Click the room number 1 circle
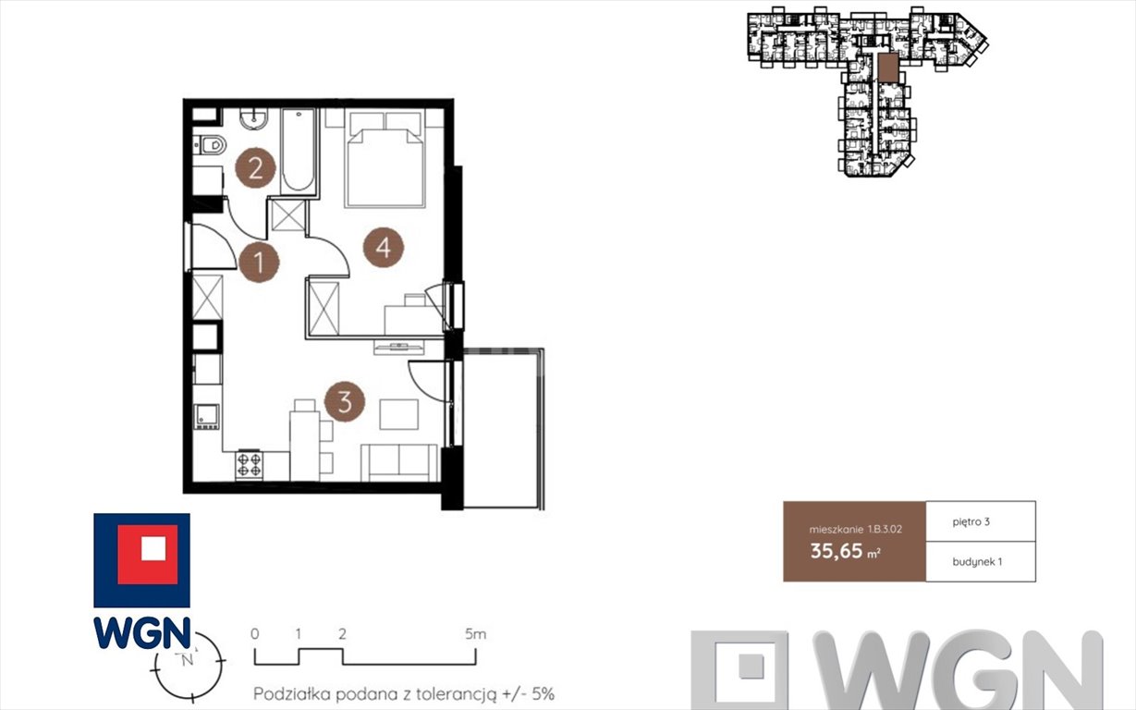pyautogui.click(x=259, y=263)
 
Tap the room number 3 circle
pyautogui.click(x=345, y=403)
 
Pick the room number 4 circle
pyautogui.click(x=384, y=248)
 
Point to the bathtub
pyautogui.click(x=298, y=150)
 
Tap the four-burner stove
pyautogui.click(x=249, y=463)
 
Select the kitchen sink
pyautogui.click(x=206, y=417)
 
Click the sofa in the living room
pyautogui.click(x=398, y=461)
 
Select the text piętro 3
pyautogui.click(x=971, y=522)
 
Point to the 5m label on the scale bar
pyautogui.click(x=475, y=634)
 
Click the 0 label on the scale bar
pyautogui.click(x=255, y=634)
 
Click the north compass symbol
pyautogui.click(x=189, y=661)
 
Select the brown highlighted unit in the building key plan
pyautogui.click(x=886, y=67)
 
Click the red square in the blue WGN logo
pyautogui.click(x=141, y=548)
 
